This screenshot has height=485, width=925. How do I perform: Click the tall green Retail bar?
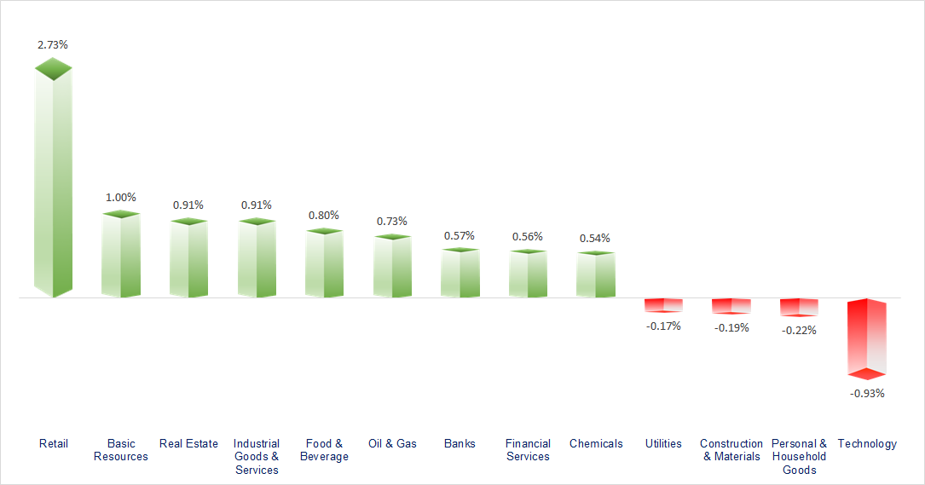53,183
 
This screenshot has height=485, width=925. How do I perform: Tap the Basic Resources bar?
120,256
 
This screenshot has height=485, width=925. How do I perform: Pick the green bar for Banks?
460,274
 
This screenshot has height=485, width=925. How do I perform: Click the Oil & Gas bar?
392,267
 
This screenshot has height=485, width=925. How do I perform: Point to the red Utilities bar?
663,305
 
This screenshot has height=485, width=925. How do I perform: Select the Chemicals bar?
595,274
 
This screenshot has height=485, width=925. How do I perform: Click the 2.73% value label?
53,43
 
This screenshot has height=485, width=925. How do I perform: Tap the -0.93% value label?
867,394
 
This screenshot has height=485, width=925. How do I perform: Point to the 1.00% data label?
120,197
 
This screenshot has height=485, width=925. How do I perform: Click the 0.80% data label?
324,215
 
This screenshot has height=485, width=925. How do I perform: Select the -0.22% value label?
799,330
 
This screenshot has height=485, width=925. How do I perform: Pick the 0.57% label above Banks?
460,235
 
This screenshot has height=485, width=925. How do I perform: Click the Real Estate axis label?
188,443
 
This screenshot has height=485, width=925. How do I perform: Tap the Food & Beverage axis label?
324,450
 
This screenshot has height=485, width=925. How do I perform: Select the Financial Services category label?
528,450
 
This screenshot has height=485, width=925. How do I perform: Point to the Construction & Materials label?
731,450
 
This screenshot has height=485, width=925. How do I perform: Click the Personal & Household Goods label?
799,457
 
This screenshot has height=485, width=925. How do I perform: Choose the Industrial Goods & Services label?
257,457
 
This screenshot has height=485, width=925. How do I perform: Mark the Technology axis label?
867,443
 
